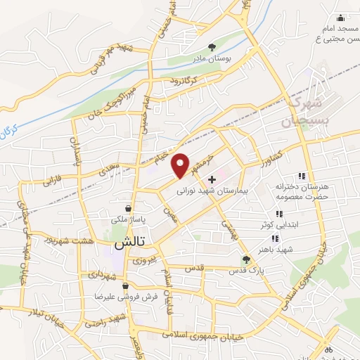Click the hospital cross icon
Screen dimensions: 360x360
(212, 180)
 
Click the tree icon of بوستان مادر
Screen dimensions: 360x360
(213, 46)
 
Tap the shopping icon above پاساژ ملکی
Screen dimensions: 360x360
(127, 209)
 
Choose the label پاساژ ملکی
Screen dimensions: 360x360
(127, 220)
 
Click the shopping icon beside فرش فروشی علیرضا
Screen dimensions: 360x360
(125, 286)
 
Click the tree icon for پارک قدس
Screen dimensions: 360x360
(245, 259)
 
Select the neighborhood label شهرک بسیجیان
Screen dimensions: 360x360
(305, 112)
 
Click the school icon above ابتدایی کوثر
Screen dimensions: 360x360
(279, 214)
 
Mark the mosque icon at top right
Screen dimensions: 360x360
(341, 18)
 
